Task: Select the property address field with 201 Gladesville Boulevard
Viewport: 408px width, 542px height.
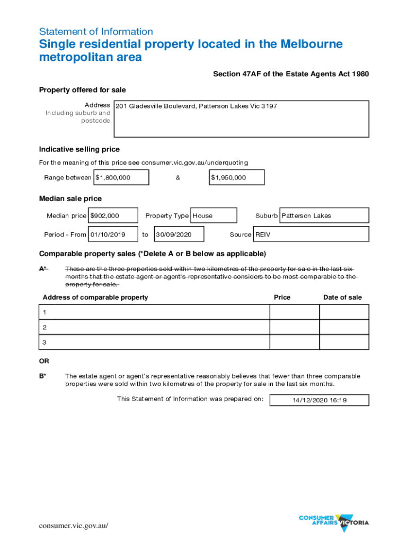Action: pos(241,119)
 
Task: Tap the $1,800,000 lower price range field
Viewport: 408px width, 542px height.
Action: pos(121,177)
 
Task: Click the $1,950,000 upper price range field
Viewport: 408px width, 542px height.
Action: pos(236,177)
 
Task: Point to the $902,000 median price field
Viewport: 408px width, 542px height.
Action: pos(113,215)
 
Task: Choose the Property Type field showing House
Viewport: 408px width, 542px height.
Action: pos(214,215)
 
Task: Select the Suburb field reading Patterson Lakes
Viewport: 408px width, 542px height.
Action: pos(324,215)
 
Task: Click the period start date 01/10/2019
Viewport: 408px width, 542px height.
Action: pos(112,234)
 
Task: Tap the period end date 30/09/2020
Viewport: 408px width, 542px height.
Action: pos(179,234)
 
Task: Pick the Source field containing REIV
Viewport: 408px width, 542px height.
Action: pos(311,234)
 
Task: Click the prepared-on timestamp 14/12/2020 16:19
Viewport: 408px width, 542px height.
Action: pos(319,400)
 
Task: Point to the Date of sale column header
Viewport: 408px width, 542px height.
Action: pos(342,297)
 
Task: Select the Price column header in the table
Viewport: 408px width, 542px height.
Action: pos(282,297)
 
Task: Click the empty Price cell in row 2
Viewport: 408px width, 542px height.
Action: pos(294,327)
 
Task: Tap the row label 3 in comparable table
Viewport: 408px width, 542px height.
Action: pos(45,342)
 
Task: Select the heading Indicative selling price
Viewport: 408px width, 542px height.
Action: pos(79,149)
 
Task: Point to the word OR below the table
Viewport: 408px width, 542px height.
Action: pos(44,361)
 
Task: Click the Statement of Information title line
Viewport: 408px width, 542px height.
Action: pos(96,32)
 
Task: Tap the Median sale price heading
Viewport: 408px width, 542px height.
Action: pos(70,198)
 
